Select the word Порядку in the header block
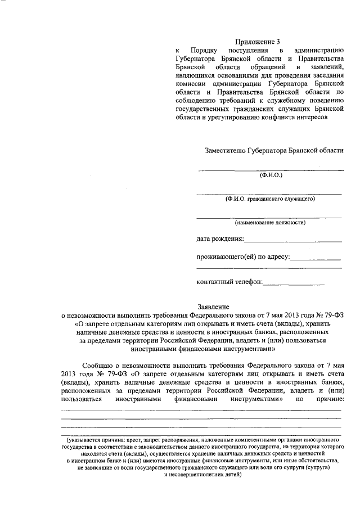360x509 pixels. click(x=203, y=51)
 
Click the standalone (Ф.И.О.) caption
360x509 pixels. click(x=271, y=175)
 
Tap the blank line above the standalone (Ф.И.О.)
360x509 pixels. click(x=271, y=169)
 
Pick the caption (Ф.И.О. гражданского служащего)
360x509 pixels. click(x=270, y=199)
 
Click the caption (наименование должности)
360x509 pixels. click(x=271, y=222)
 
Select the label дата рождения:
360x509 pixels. click(x=220, y=240)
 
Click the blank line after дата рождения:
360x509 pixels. click(x=292, y=242)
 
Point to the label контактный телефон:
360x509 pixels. click(x=229, y=281)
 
